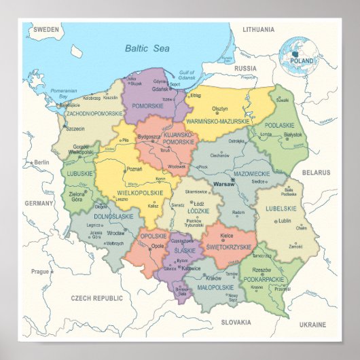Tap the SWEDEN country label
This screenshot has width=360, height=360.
pos(46,30)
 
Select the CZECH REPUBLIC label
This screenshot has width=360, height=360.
pos(97,298)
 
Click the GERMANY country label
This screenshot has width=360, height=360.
pos(39,203)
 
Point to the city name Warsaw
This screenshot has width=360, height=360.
pos(223,184)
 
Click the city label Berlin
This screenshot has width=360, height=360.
pos(42,162)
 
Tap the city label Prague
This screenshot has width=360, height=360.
pos(40,271)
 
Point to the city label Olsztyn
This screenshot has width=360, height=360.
pos(219,109)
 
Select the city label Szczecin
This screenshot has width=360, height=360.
pos(75,128)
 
